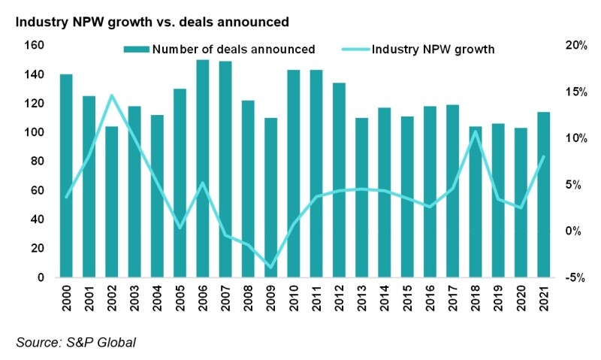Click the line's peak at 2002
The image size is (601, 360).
[112, 95]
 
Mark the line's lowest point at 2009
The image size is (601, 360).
[270, 267]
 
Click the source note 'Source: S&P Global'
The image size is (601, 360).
[76, 343]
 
